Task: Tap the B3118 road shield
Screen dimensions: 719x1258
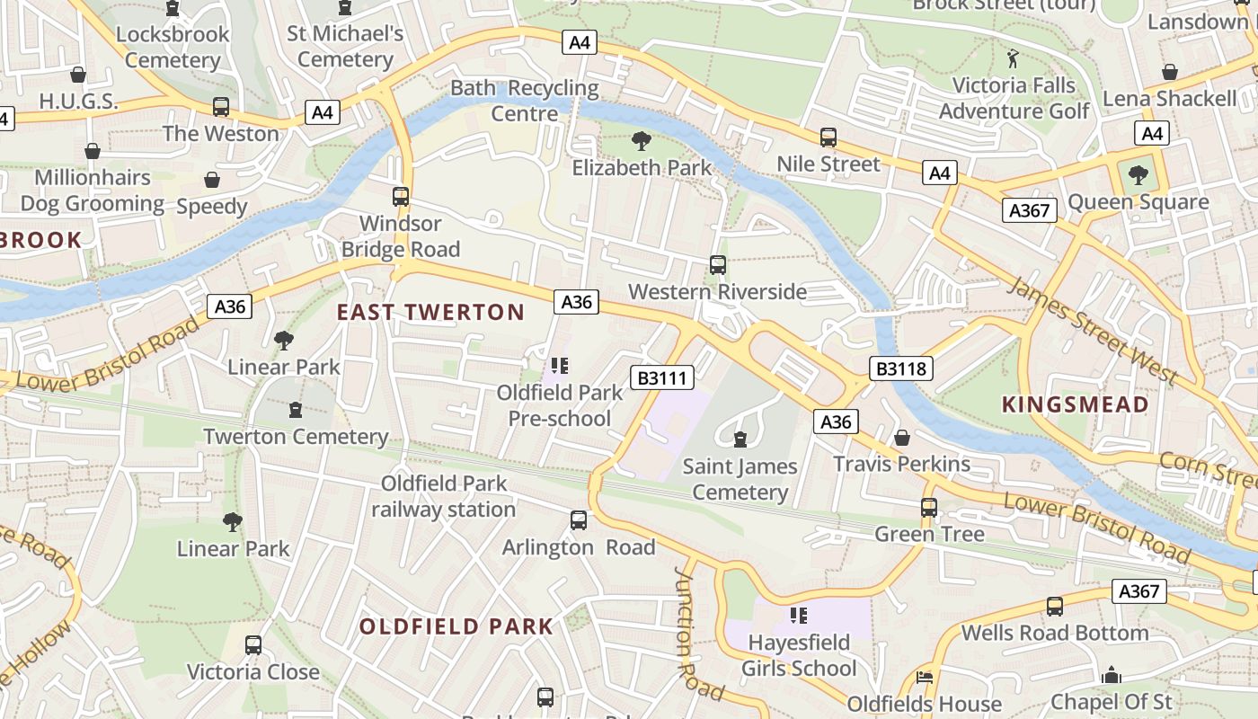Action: click(x=902, y=368)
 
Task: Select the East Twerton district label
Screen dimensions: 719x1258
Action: click(x=430, y=313)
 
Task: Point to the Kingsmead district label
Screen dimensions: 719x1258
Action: click(x=1075, y=404)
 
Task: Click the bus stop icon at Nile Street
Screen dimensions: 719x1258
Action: click(x=828, y=138)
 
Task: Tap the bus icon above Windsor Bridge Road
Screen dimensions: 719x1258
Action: click(x=401, y=196)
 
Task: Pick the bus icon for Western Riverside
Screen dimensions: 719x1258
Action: click(x=717, y=264)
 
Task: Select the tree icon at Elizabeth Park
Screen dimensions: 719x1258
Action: click(x=641, y=140)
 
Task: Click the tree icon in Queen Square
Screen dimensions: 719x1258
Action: click(x=1138, y=174)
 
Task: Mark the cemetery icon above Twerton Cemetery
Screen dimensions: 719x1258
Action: click(x=295, y=410)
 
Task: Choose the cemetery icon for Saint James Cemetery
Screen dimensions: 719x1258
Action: click(x=740, y=439)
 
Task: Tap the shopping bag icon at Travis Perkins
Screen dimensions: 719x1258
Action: click(x=901, y=437)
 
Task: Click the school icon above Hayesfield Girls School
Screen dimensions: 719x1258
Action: click(x=798, y=616)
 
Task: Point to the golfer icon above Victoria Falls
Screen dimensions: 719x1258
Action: click(x=1014, y=58)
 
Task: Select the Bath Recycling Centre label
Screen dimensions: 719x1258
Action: click(x=525, y=101)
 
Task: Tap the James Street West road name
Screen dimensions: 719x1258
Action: click(x=1092, y=330)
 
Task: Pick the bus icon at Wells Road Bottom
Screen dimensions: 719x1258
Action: click(x=1054, y=607)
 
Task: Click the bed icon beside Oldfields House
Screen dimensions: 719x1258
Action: click(x=924, y=677)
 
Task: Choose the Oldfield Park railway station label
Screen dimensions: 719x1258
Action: click(x=444, y=496)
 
